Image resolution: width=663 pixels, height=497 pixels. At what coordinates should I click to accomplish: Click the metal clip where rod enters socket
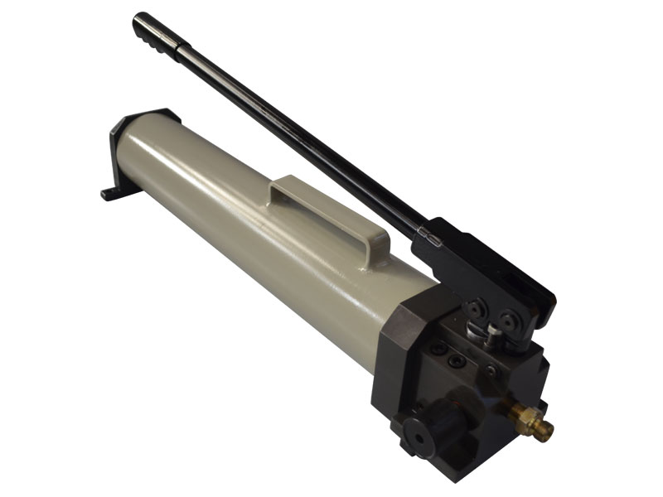[428, 234]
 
